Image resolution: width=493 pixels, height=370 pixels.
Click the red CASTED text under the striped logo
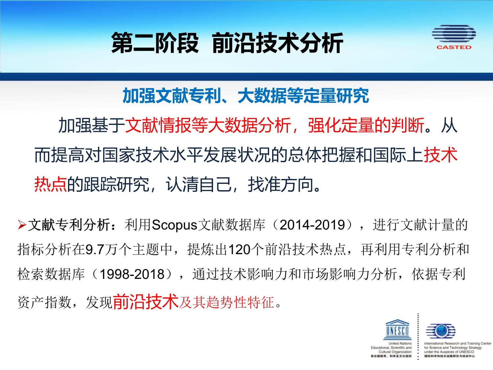point(454,47)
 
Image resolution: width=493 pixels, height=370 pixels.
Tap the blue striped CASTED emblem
point(454,34)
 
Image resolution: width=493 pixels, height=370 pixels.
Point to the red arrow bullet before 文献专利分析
point(22,225)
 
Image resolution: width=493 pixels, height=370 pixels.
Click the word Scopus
point(175,225)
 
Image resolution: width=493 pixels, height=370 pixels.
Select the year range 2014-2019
point(313,225)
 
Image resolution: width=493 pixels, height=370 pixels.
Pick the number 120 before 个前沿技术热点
point(239,250)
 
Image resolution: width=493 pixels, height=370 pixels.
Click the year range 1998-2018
point(132,274)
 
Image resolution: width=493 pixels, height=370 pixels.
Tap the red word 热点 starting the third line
point(51,184)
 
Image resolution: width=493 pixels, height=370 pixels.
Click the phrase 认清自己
point(199,184)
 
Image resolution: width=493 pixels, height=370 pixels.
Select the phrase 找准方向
point(281,184)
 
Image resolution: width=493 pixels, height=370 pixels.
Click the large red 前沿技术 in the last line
point(146,302)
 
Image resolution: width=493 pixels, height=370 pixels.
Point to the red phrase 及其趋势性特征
point(226,302)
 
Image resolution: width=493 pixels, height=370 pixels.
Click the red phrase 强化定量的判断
point(366,125)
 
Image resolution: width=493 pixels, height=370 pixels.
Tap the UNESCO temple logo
point(397,329)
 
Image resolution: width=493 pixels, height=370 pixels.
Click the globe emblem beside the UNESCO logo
point(440,331)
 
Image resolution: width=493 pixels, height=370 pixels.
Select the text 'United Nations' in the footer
point(400,343)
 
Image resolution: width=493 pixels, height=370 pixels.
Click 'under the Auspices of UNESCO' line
point(449,352)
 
